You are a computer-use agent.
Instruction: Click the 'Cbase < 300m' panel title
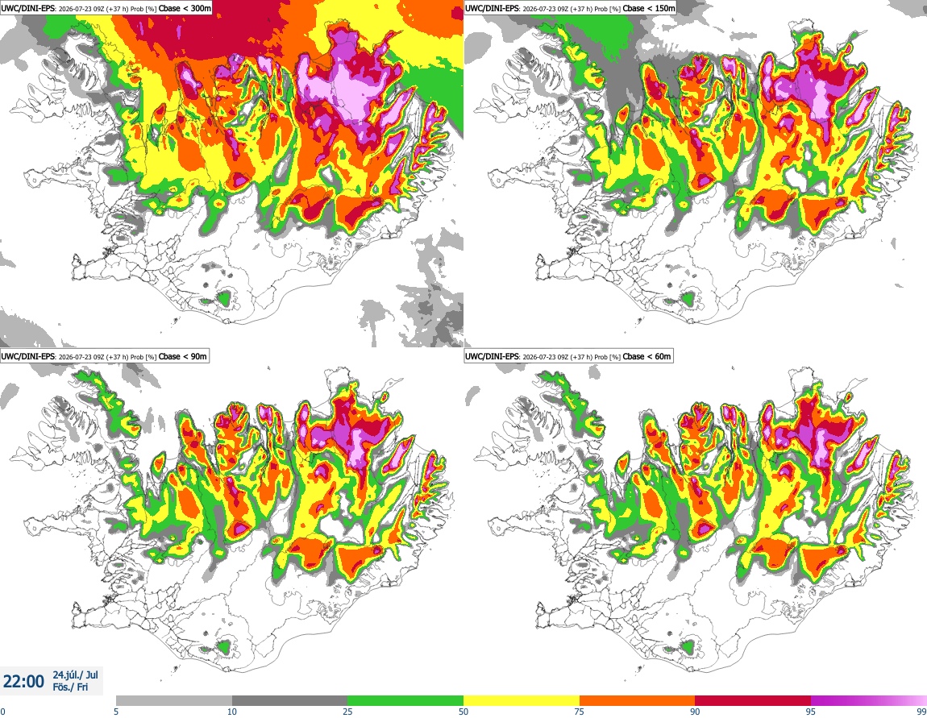(x=185, y=8)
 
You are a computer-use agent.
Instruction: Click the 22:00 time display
(x=23, y=682)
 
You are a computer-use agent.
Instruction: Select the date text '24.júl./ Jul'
(x=76, y=674)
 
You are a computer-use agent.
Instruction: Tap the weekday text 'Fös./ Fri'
(x=70, y=687)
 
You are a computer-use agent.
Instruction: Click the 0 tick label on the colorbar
(x=3, y=712)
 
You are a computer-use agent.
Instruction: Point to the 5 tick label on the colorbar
(x=116, y=712)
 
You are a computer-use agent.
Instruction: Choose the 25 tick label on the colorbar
(x=348, y=712)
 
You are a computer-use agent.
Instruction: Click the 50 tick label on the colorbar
(x=463, y=712)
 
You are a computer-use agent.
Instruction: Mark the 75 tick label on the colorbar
(x=580, y=712)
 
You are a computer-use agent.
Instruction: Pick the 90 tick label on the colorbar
(x=695, y=712)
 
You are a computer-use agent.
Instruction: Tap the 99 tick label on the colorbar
(x=921, y=712)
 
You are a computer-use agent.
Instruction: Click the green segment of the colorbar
(x=405, y=700)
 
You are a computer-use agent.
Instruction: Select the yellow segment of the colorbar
(x=522, y=700)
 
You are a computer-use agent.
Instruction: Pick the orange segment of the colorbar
(x=638, y=700)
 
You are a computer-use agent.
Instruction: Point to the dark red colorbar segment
(x=753, y=700)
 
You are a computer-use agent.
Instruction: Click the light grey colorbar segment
(x=174, y=700)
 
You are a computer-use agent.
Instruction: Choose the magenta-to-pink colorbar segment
(x=869, y=700)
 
